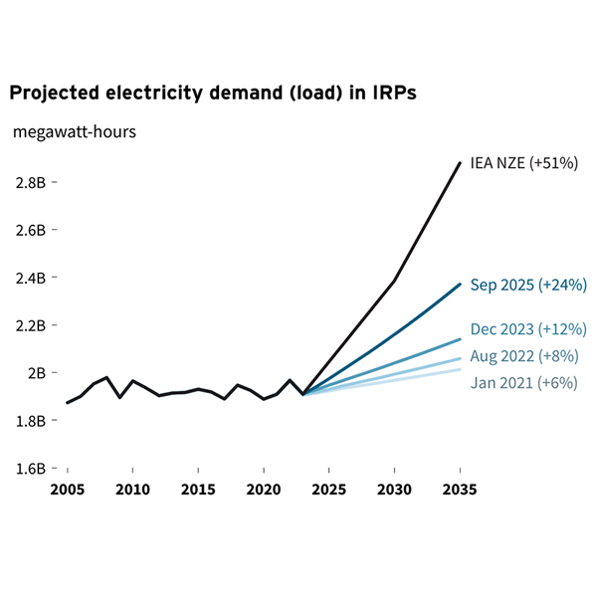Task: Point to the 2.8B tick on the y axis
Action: [x=30, y=182]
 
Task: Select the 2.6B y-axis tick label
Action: [x=30, y=230]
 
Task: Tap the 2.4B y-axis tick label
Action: [x=30, y=278]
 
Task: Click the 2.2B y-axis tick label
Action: [x=30, y=325]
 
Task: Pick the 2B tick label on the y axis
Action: [x=38, y=373]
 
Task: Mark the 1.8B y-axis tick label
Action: [x=30, y=421]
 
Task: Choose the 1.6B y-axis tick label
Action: [x=30, y=469]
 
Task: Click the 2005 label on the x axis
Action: [x=68, y=490]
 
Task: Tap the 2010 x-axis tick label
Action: [x=132, y=490]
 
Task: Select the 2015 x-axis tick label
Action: [x=198, y=490]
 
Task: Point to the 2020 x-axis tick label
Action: [x=264, y=490]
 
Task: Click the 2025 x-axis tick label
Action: [x=329, y=490]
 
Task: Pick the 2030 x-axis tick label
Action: [x=395, y=490]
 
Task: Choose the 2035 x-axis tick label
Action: [x=460, y=490]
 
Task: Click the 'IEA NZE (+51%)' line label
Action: [x=523, y=163]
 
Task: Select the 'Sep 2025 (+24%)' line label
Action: [x=527, y=286]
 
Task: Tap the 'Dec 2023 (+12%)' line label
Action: [x=527, y=329]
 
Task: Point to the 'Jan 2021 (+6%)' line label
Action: [x=523, y=383]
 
